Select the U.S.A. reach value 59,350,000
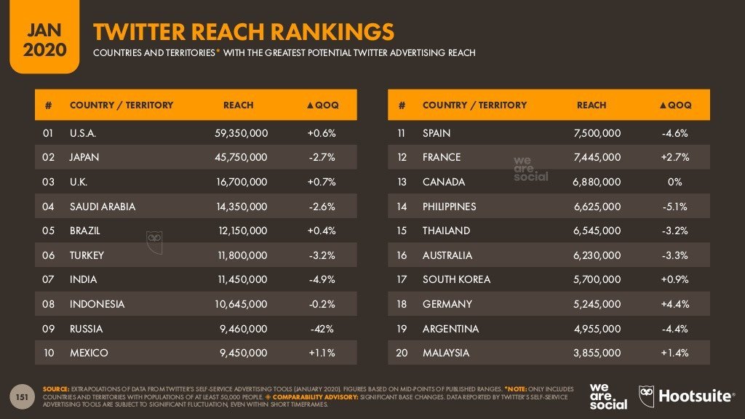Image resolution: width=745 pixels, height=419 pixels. point(238,133)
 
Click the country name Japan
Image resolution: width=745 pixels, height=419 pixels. point(84,157)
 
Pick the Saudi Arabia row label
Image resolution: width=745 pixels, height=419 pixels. point(103,207)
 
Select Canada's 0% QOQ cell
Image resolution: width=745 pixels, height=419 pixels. point(674,182)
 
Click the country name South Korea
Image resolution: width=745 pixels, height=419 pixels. point(456,279)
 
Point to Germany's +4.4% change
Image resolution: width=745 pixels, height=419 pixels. point(674,304)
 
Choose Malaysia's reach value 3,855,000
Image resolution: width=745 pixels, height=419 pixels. point(596,353)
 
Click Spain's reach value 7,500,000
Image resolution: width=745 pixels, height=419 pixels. point(596,133)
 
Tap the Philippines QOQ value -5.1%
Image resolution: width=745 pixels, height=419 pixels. point(674,207)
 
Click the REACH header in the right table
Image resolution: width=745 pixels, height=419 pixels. point(591,105)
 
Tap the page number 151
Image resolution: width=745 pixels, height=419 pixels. point(23,396)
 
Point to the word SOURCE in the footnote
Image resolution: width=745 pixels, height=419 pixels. point(56,388)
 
